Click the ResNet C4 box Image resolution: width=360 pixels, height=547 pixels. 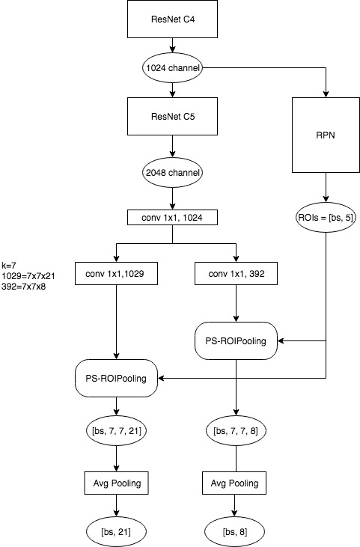click(172, 19)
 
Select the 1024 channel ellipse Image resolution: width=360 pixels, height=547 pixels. click(172, 67)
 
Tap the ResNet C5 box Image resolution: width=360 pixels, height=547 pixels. click(172, 116)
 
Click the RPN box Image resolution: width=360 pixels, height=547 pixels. click(326, 135)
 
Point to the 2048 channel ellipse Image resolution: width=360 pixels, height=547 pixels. click(172, 173)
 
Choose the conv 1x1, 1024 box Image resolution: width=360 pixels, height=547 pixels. click(172, 217)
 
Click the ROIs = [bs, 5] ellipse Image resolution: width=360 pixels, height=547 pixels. click(326, 217)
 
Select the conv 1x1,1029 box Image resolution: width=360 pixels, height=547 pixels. click(116, 274)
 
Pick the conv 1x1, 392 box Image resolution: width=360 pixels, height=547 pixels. click(237, 274)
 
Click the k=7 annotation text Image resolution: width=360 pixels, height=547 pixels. click(9, 265)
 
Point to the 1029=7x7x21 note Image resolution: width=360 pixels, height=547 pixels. click(28, 276)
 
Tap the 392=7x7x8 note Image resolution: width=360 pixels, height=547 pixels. click(24, 287)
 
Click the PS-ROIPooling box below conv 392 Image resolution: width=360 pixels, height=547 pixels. click(237, 340)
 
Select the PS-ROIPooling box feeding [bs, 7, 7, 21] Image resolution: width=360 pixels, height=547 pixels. click(116, 378)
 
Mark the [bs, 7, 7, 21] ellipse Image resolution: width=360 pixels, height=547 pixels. click(116, 430)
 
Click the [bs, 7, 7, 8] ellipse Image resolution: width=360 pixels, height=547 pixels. click(237, 430)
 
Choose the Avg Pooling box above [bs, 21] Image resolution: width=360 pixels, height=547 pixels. click(116, 483)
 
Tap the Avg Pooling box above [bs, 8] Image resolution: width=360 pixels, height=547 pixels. click(234, 483)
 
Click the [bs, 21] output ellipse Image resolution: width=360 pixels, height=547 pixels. click(116, 532)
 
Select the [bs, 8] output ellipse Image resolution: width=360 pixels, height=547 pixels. click(234, 532)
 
